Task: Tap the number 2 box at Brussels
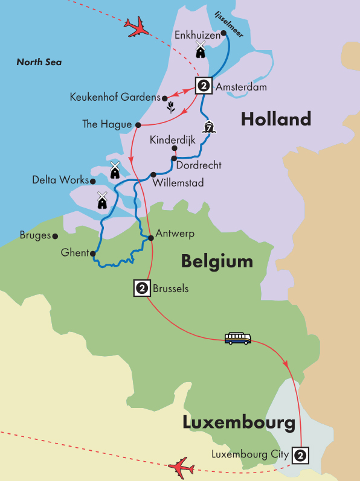click(142, 288)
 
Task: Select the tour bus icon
click(237, 339)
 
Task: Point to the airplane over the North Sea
click(137, 27)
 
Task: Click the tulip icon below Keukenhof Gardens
click(171, 108)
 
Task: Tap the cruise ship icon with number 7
click(210, 127)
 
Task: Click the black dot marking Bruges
click(55, 237)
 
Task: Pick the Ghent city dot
click(92, 254)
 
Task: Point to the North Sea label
click(39, 62)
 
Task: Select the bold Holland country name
click(275, 119)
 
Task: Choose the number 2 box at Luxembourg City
click(300, 454)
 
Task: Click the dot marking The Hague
click(138, 125)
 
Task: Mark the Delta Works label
click(59, 180)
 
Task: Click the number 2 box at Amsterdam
click(204, 86)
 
